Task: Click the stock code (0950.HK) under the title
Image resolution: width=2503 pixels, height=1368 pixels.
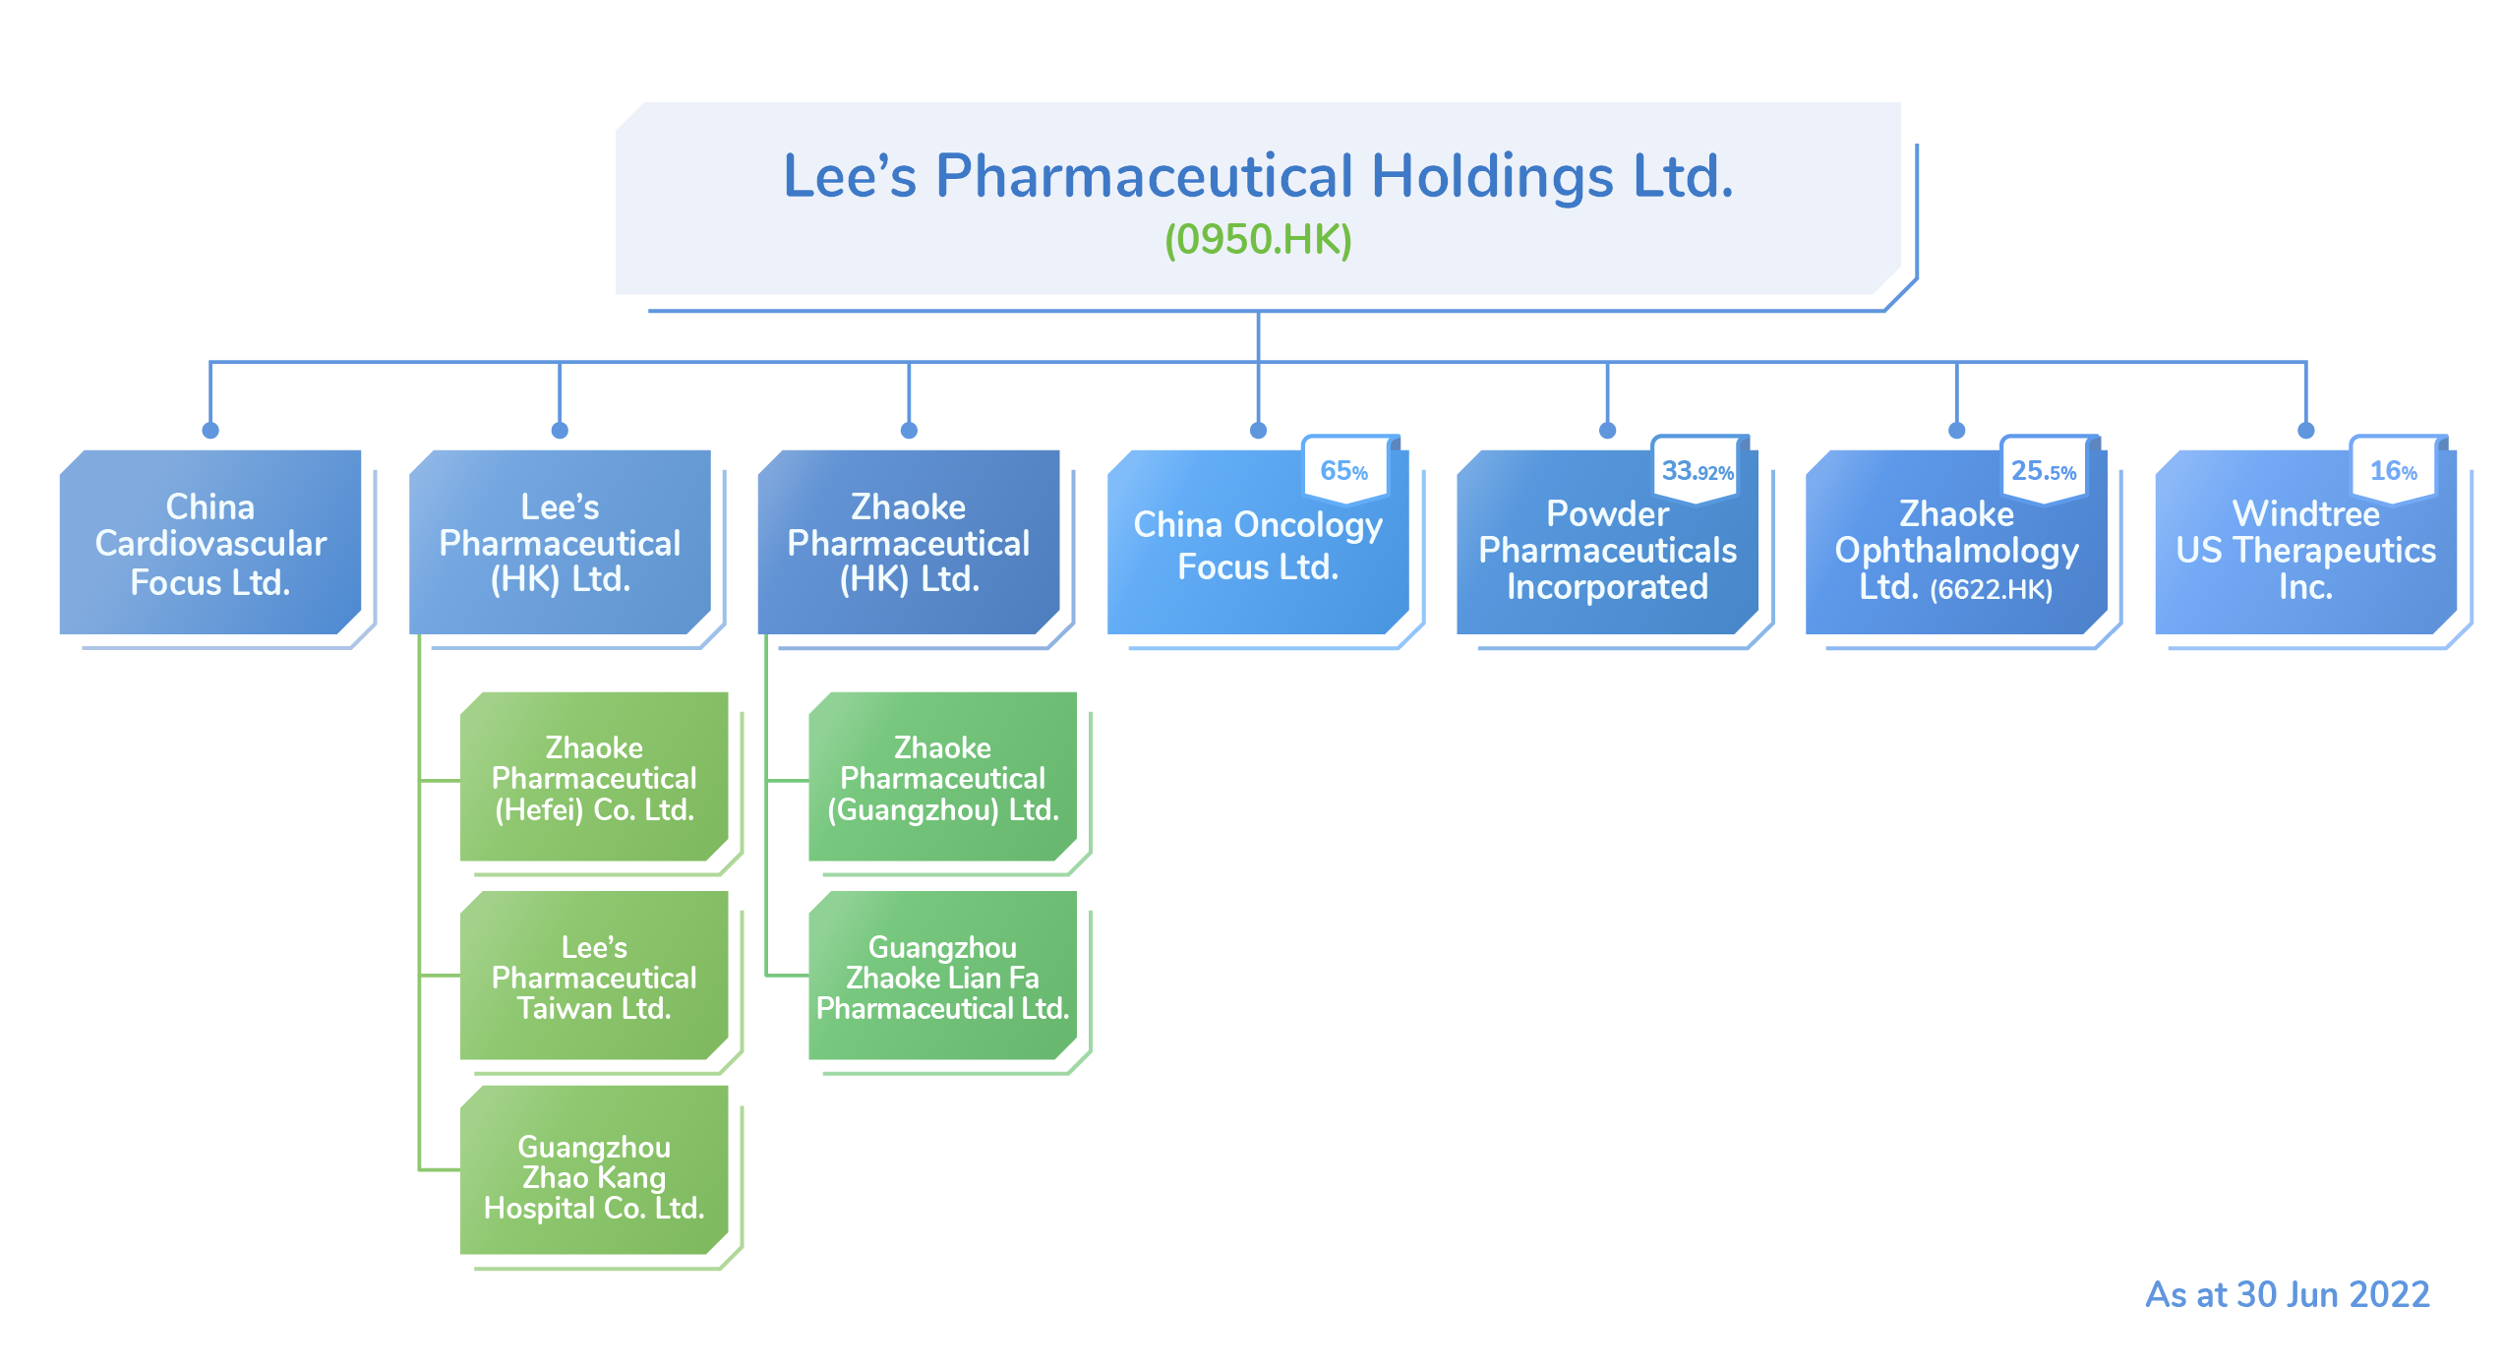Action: click(x=1258, y=240)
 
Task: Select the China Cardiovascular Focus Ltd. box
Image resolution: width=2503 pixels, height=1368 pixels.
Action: click(x=210, y=543)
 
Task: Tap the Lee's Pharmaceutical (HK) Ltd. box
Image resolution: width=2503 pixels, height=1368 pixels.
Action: click(x=560, y=543)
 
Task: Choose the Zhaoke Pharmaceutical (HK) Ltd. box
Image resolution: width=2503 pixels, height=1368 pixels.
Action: click(x=908, y=543)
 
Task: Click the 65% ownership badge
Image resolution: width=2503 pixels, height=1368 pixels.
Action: click(x=1343, y=471)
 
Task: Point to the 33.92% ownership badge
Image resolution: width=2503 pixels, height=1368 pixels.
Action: click(x=1697, y=471)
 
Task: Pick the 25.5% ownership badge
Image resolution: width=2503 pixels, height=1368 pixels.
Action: click(x=2044, y=471)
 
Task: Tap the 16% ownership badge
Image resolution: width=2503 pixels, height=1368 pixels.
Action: click(x=2393, y=471)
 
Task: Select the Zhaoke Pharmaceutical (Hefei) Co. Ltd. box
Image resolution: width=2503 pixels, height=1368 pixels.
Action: click(x=594, y=778)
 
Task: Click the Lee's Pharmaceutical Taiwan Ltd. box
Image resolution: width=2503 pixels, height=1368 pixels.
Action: click(x=594, y=978)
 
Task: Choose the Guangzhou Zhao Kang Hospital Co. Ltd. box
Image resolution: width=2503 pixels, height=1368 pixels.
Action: click(x=594, y=1176)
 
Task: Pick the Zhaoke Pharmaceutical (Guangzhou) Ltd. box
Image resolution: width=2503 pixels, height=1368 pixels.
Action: click(x=942, y=778)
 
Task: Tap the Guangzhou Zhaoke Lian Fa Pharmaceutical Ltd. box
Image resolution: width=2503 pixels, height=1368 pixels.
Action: click(x=942, y=978)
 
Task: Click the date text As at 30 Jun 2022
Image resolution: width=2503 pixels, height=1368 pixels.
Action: click(x=2287, y=1294)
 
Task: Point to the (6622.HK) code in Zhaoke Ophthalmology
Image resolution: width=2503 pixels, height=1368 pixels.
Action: click(x=1991, y=589)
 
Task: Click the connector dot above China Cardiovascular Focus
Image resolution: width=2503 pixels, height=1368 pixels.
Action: click(x=210, y=431)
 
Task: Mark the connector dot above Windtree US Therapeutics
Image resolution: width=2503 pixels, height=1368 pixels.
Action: click(x=2305, y=431)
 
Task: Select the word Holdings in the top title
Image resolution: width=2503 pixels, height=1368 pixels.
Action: click(x=1492, y=177)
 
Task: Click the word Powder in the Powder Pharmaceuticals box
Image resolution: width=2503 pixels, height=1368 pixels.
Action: click(x=1607, y=513)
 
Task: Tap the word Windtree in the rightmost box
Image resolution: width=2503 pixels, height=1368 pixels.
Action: click(x=2305, y=513)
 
